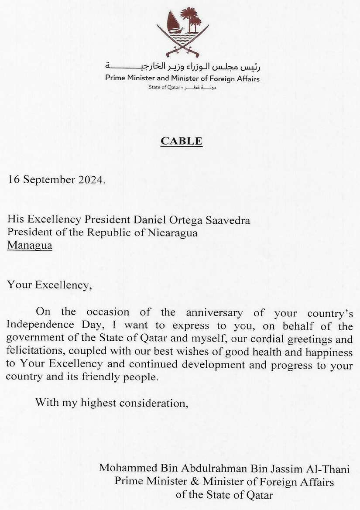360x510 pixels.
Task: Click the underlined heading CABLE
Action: [182, 141]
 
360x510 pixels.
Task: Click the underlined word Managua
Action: [30, 246]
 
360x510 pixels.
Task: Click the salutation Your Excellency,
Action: [49, 286]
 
